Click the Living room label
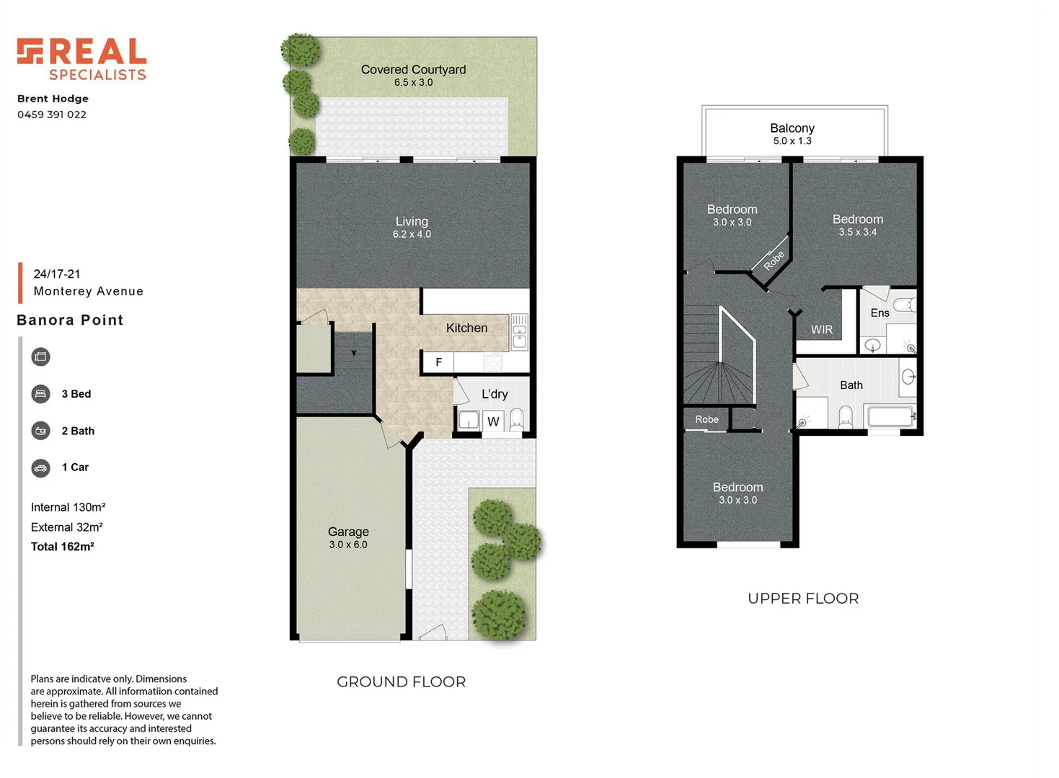click(x=412, y=222)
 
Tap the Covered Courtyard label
click(x=413, y=70)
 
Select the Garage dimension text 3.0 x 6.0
click(x=348, y=545)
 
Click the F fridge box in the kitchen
click(x=438, y=362)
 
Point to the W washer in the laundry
click(x=493, y=421)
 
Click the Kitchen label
click(x=466, y=328)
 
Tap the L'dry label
click(x=495, y=394)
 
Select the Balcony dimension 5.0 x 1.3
click(x=792, y=141)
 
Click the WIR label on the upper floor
click(x=821, y=329)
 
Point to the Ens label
click(x=879, y=313)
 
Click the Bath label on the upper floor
click(x=851, y=385)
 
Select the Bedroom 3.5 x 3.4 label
click(x=857, y=220)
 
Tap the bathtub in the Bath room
click(x=891, y=416)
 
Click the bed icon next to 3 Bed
click(x=41, y=394)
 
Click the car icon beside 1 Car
click(x=41, y=468)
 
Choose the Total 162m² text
click(x=63, y=547)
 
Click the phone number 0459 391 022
click(x=52, y=115)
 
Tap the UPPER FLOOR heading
click(x=803, y=599)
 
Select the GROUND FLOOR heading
click(x=401, y=681)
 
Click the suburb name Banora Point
click(x=70, y=320)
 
